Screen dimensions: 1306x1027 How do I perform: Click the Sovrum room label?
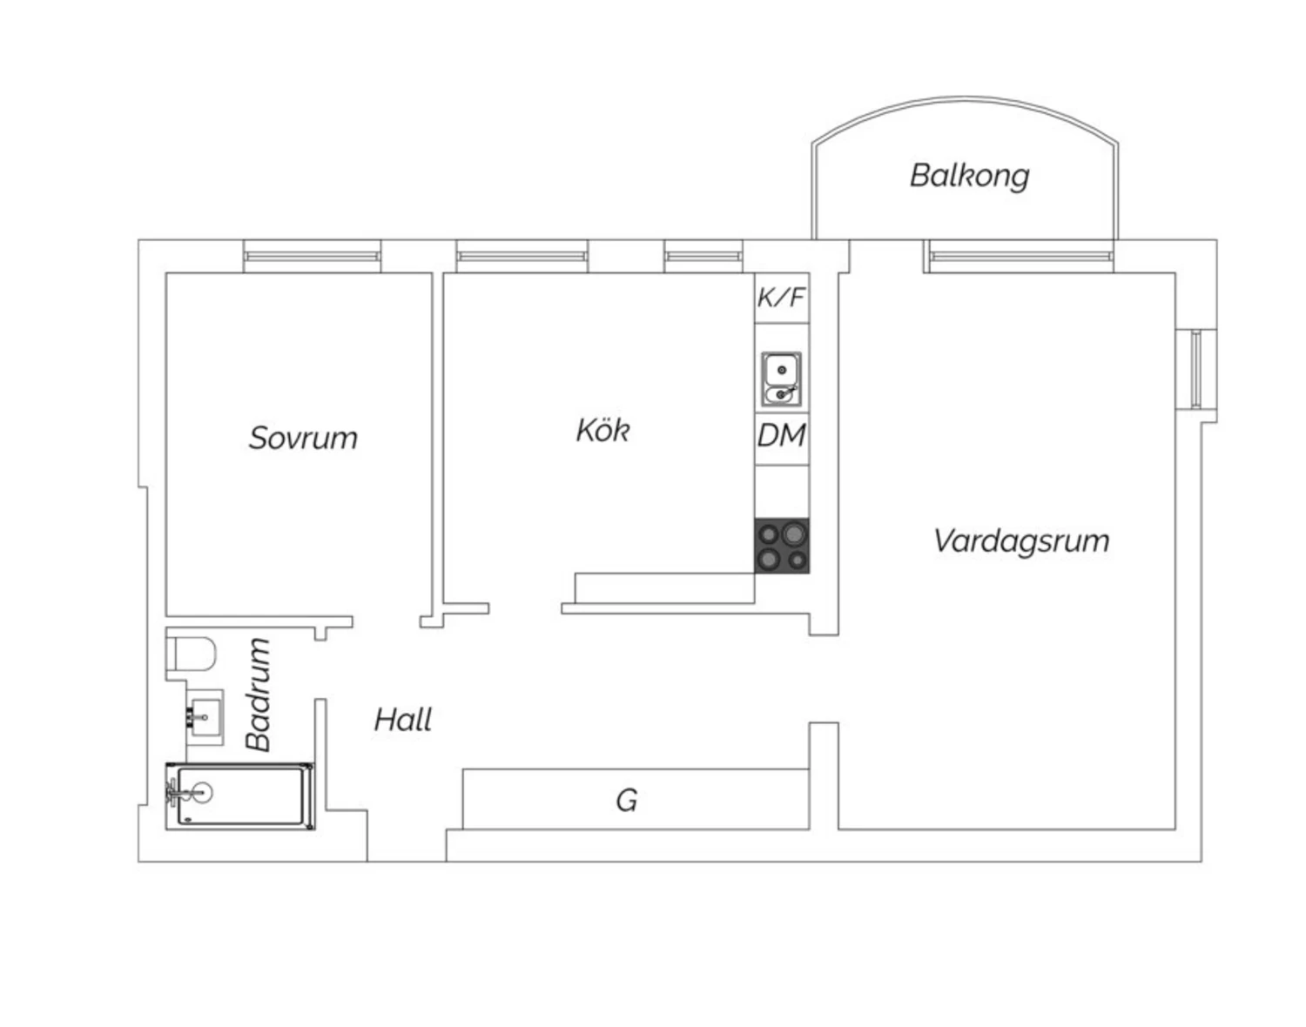point(303,438)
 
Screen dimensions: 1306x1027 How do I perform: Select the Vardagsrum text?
point(1021,541)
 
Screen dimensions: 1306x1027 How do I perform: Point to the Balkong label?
point(969,176)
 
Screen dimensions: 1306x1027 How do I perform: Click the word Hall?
point(403,720)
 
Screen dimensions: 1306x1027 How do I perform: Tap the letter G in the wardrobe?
point(626,800)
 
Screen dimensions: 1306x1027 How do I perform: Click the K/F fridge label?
point(781,298)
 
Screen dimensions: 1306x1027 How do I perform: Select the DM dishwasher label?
point(782,435)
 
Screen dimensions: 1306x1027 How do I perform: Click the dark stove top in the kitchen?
point(782,546)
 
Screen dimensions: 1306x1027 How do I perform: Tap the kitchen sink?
point(782,379)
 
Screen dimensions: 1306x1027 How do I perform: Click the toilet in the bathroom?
point(191,654)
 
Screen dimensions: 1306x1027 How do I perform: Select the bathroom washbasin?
point(205,717)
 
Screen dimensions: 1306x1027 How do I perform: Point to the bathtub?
point(240,795)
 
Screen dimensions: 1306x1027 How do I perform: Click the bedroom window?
point(312,257)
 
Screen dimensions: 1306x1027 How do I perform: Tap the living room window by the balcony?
point(1019,257)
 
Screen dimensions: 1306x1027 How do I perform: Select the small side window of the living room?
point(1196,369)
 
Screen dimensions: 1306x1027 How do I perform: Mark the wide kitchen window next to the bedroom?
point(522,257)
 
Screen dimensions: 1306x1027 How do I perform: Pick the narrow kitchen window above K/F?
point(703,257)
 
